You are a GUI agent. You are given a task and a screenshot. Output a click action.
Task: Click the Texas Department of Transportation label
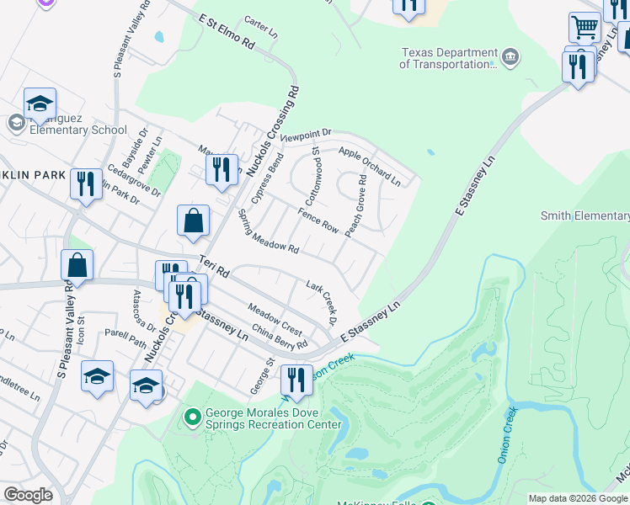click(446, 57)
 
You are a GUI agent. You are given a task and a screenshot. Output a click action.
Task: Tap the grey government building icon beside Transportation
click(510, 57)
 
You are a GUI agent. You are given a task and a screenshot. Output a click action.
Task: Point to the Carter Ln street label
click(260, 26)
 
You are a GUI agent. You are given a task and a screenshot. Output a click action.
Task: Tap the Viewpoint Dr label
click(307, 135)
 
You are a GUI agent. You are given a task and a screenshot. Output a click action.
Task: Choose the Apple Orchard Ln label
click(369, 165)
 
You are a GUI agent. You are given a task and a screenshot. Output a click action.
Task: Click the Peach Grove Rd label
click(355, 205)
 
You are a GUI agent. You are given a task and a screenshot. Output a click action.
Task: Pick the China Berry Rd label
click(279, 338)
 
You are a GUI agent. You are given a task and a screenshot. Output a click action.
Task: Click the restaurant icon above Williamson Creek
click(296, 379)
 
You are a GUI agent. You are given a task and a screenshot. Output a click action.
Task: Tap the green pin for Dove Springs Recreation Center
click(193, 417)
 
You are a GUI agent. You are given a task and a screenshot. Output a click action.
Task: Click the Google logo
click(28, 495)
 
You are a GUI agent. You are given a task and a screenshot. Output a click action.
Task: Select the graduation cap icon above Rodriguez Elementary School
click(40, 104)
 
